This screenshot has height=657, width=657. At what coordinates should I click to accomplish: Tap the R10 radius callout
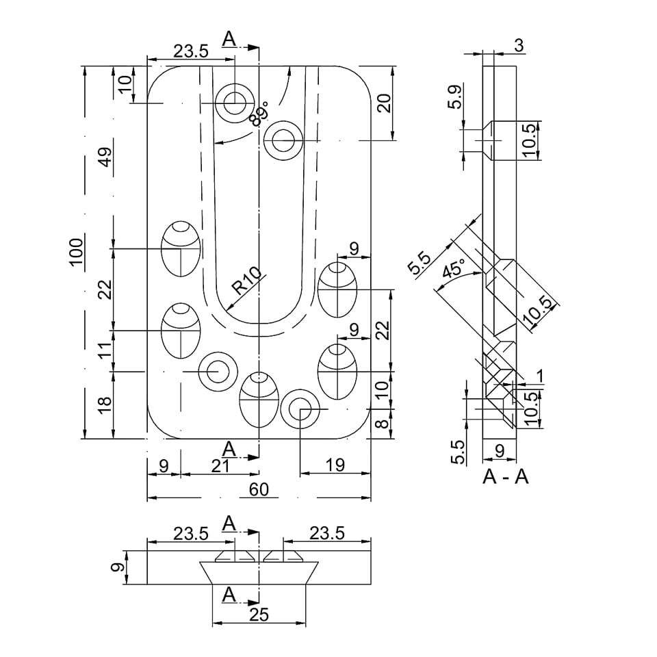click(x=246, y=281)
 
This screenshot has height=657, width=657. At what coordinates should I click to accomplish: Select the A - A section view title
click(x=506, y=476)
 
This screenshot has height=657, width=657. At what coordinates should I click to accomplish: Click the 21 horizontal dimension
click(x=220, y=465)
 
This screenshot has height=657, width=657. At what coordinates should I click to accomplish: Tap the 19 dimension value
click(x=335, y=465)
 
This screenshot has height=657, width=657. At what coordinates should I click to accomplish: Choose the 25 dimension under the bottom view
click(x=259, y=615)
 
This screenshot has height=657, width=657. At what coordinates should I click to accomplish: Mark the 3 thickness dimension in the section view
click(x=518, y=46)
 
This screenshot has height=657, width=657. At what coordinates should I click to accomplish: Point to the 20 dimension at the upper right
click(x=384, y=103)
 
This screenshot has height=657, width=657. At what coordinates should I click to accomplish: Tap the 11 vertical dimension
click(x=105, y=351)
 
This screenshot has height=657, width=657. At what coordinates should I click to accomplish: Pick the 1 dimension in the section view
click(x=540, y=376)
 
